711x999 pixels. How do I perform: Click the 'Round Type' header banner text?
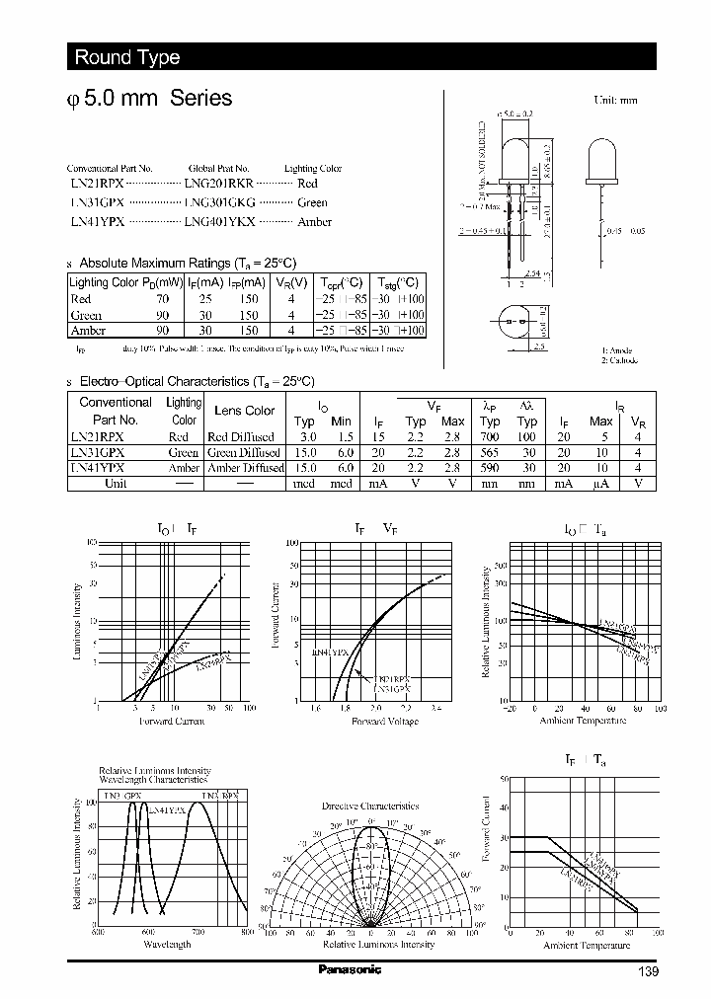click(126, 57)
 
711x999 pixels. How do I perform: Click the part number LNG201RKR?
click(219, 184)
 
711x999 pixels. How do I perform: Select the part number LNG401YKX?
click(219, 222)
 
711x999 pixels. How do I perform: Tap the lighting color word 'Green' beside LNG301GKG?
click(312, 202)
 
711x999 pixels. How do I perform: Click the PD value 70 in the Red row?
click(162, 298)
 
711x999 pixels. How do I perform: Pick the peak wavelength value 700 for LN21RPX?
click(490, 436)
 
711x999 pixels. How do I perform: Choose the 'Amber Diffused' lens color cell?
click(245, 468)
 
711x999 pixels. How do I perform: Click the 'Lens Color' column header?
click(245, 411)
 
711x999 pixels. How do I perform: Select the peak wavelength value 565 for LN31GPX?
click(490, 452)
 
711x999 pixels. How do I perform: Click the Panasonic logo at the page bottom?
click(350, 969)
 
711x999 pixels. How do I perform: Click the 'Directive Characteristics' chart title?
click(370, 807)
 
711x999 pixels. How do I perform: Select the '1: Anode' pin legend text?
click(618, 351)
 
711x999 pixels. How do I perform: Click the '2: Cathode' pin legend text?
click(620, 361)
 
